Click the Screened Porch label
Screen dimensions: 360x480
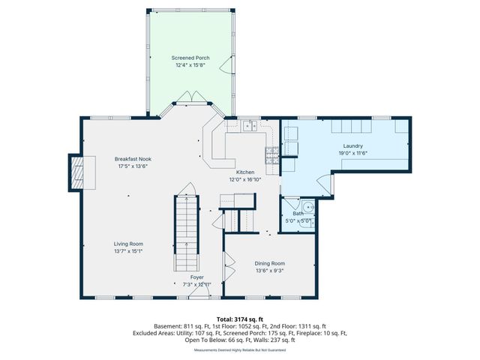click(x=190, y=58)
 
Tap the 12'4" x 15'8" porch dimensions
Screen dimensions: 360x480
click(x=190, y=64)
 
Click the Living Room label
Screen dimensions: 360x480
click(x=128, y=244)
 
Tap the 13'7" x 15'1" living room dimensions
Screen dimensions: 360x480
click(x=128, y=250)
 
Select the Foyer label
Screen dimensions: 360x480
click(x=197, y=277)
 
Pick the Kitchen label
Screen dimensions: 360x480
click(x=245, y=172)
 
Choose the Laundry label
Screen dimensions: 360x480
click(x=352, y=145)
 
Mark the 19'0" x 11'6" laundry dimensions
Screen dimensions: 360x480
click(x=352, y=152)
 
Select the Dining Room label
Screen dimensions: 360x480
click(x=270, y=263)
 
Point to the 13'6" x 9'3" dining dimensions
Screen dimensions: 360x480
click(x=270, y=270)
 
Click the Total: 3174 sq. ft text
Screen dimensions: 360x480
click(x=240, y=319)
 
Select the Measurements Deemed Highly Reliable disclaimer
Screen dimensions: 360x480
click(x=240, y=350)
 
